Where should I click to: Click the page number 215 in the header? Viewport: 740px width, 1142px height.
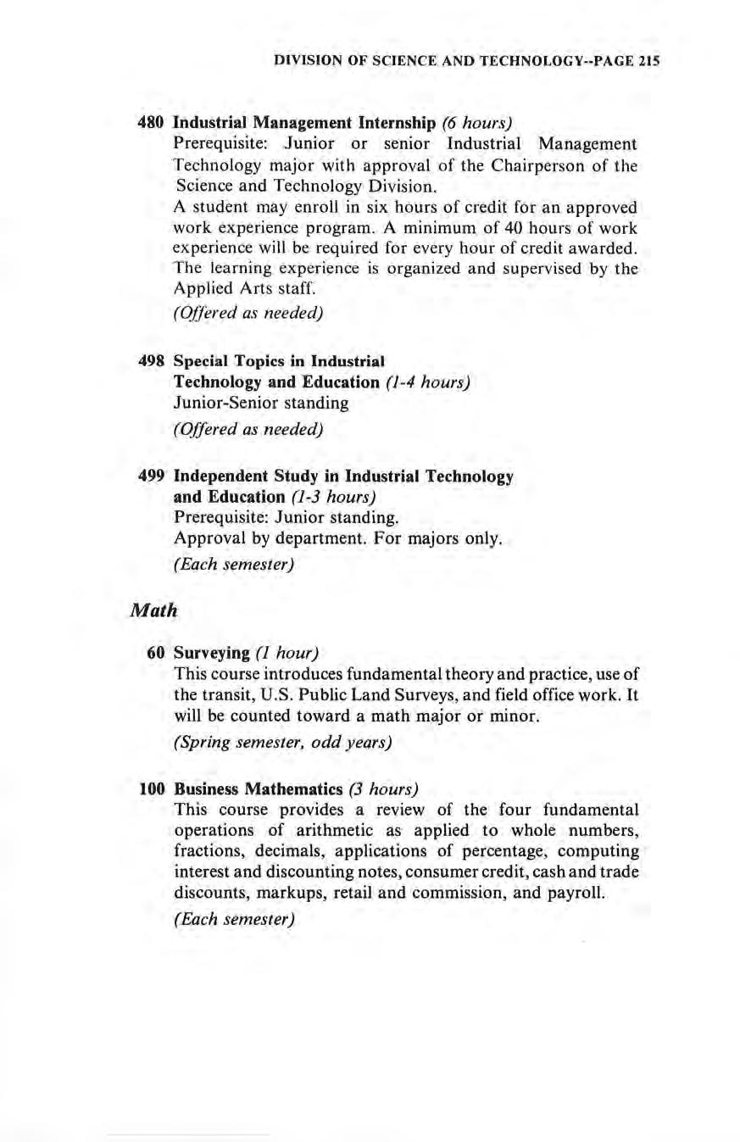648,62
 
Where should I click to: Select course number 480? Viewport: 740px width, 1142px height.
150,121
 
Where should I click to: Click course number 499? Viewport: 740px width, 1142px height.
150,476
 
